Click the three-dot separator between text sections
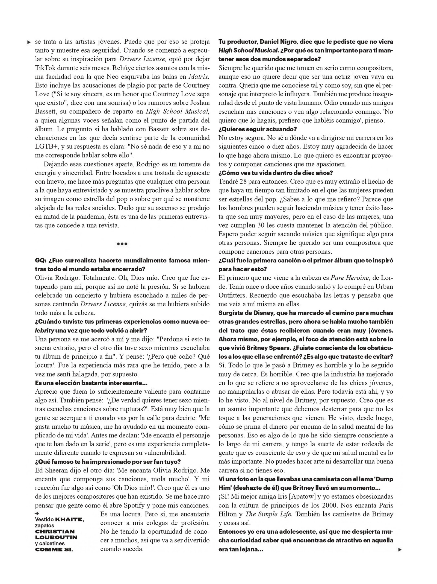122,244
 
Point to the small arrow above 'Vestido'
37,514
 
